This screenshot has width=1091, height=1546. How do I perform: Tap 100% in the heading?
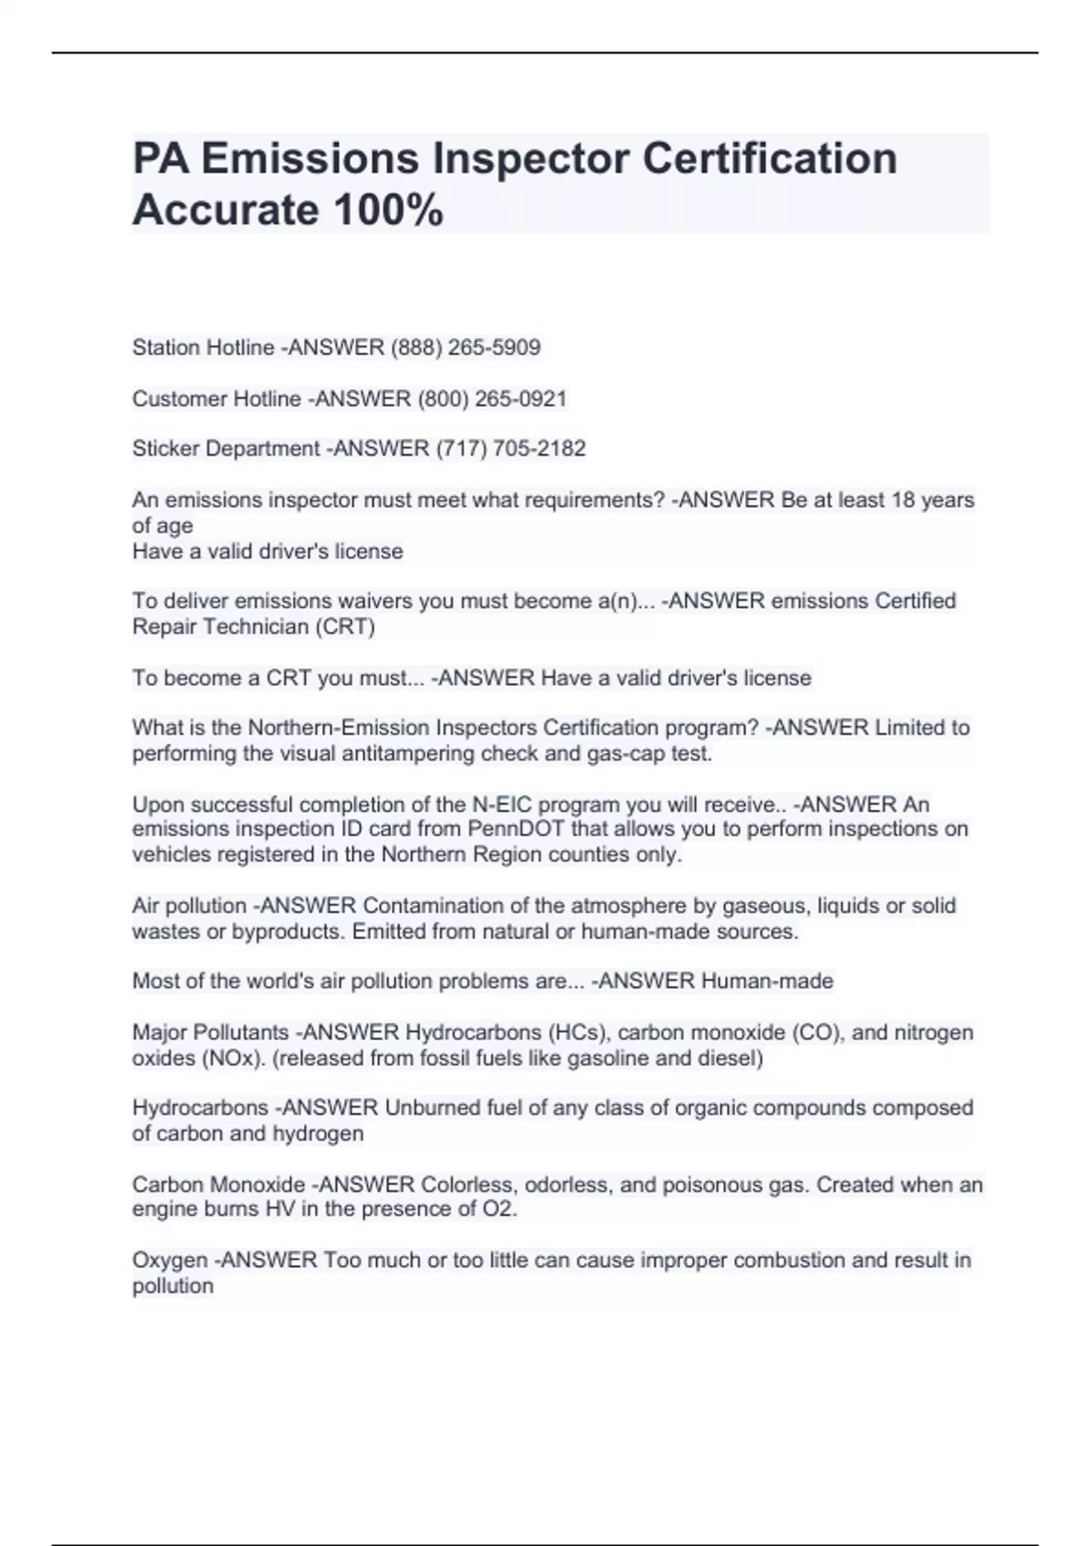point(388,210)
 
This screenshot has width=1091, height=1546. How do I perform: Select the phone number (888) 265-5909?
point(465,347)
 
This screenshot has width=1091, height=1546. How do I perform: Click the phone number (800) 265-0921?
point(492,398)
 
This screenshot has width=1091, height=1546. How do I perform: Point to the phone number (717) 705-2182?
point(511,448)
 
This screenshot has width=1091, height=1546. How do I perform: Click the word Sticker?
point(165,448)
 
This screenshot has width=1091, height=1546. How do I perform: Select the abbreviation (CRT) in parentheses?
point(345,627)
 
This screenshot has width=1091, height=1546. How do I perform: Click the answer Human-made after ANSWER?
point(767,981)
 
